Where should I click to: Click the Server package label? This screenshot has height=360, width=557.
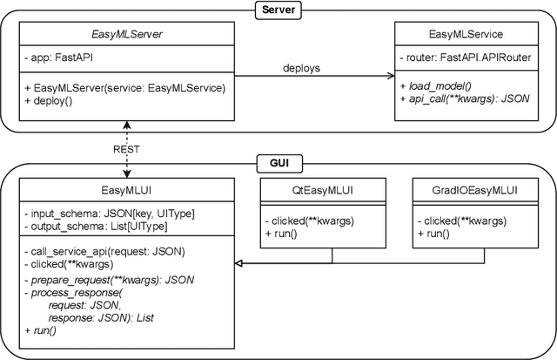pos(278,10)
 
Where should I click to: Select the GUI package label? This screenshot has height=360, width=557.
pos(278,163)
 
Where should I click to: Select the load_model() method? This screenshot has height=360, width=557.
pos(435,87)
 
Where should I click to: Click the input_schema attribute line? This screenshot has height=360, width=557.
pos(108,214)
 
